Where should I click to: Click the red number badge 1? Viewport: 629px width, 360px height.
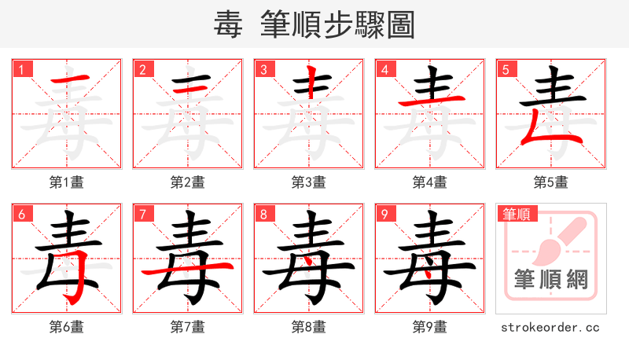[x=21, y=69]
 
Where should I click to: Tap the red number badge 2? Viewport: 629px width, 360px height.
[x=142, y=69]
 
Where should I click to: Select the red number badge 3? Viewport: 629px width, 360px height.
[x=263, y=69]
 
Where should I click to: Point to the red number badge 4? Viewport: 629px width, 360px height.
[x=384, y=69]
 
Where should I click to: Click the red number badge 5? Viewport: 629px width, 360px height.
[x=506, y=69]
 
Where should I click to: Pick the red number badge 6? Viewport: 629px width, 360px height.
[x=21, y=214]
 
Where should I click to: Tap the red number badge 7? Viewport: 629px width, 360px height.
[x=142, y=214]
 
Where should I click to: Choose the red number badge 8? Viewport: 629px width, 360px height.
[x=263, y=214]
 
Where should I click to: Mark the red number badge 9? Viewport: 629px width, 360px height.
[x=384, y=214]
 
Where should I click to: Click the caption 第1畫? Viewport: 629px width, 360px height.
[x=67, y=182]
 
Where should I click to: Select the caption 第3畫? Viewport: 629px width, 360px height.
[x=309, y=182]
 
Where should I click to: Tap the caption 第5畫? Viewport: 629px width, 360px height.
[x=551, y=182]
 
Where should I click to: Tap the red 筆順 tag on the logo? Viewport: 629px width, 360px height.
[x=517, y=214]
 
